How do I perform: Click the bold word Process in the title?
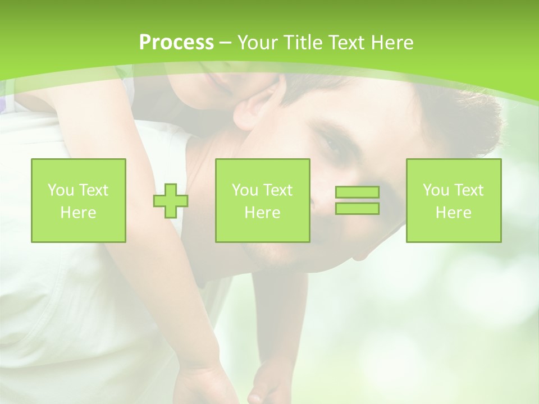tap(176, 43)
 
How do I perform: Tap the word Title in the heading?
tap(302, 43)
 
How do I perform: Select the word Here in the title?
tap(392, 43)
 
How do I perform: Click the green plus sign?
tap(171, 200)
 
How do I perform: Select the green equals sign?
tap(357, 200)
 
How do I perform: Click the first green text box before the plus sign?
tap(78, 200)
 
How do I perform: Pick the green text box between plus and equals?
tap(262, 200)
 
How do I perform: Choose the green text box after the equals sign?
tap(454, 200)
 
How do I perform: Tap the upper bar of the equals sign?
tap(357, 192)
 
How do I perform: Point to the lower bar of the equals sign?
tap(357, 208)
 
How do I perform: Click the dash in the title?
tap(225, 43)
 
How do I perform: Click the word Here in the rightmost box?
tap(454, 213)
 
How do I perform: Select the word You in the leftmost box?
tap(60, 190)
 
